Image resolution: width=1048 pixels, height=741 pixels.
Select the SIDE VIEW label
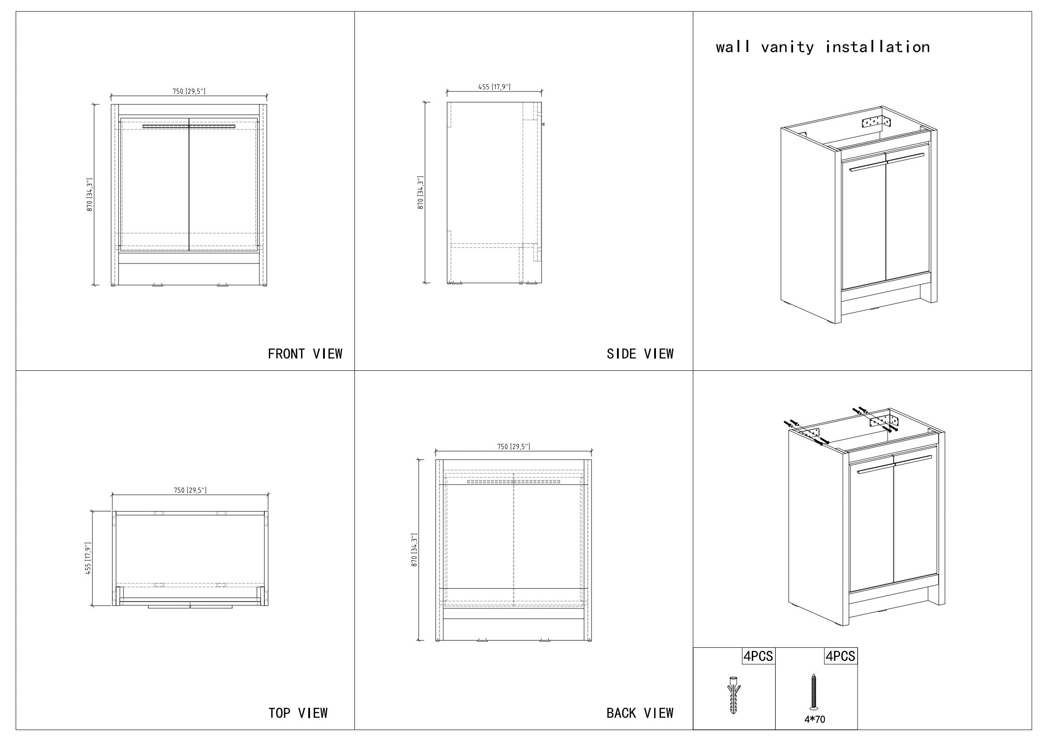[x=639, y=354]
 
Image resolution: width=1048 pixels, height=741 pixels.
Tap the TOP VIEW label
[x=298, y=713]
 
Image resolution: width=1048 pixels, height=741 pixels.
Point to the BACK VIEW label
[x=639, y=713]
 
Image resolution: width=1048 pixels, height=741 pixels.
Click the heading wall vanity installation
[x=823, y=47]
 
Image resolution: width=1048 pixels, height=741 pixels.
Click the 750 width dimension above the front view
[x=189, y=91]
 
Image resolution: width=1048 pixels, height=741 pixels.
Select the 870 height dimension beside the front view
[x=90, y=195]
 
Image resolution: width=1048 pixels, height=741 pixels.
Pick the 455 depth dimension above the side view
[x=494, y=87]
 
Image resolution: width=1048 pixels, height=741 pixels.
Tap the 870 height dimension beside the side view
[x=420, y=193]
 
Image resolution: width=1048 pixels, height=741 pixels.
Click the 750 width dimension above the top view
[x=190, y=490]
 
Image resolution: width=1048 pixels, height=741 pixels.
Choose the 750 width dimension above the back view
[x=513, y=446]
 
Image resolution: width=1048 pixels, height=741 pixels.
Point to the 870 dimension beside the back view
[x=414, y=550]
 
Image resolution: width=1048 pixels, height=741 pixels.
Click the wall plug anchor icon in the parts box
[x=733, y=696]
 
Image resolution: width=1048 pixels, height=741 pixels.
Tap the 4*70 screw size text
[x=814, y=720]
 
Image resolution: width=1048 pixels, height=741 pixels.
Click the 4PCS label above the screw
[x=840, y=656]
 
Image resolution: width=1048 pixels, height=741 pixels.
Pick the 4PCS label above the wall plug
[x=758, y=656]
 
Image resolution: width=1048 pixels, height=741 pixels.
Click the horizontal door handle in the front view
[x=189, y=126]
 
